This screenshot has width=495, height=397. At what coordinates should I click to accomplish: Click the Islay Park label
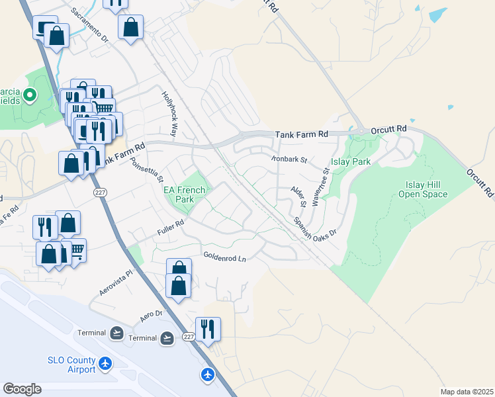pos(350,161)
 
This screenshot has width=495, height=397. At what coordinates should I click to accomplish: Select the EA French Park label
pos(185,194)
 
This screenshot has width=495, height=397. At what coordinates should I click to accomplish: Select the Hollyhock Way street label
pos(170,114)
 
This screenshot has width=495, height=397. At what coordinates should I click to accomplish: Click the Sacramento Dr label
pos(89,26)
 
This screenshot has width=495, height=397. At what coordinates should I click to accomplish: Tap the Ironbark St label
pos(289,159)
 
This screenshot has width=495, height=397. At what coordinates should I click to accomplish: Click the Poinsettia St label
pos(146,170)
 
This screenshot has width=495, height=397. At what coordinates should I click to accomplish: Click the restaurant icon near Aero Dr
pos(208,328)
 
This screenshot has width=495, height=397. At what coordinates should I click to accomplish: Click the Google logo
pos(22,389)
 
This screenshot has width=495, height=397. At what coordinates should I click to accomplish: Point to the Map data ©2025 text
pos(467,392)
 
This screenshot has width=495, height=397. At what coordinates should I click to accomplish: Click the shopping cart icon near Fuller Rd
pos(76,250)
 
